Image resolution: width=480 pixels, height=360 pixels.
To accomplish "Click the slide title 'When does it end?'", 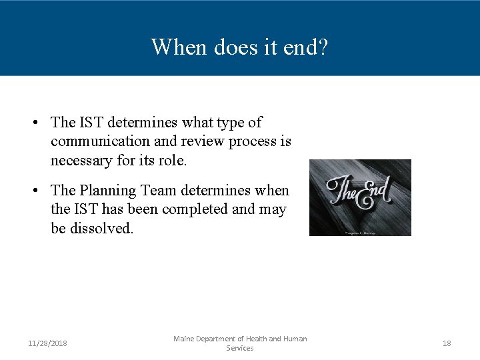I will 239,47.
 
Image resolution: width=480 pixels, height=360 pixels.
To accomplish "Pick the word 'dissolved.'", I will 101,228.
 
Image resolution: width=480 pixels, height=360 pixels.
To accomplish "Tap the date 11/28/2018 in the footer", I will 47,343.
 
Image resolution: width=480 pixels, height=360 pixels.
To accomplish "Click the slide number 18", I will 447,343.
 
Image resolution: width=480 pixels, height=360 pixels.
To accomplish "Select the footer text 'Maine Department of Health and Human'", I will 240,339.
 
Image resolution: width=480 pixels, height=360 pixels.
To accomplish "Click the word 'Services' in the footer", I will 240,348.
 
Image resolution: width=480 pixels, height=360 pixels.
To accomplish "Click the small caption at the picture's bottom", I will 360,232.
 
